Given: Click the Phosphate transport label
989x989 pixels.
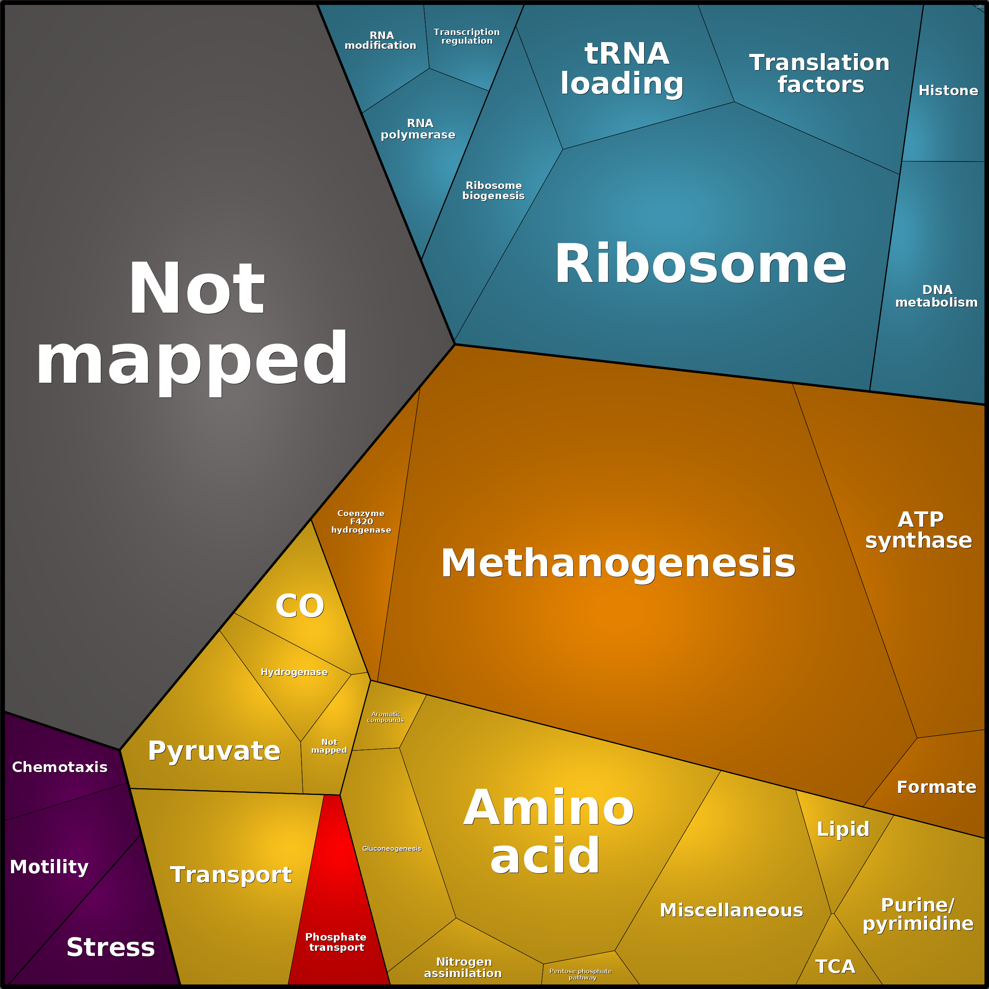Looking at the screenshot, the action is pyautogui.click(x=336, y=942).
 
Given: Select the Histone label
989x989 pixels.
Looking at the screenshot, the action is pyautogui.click(x=948, y=91).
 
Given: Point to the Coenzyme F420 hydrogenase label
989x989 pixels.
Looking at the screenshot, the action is pyautogui.click(x=361, y=522).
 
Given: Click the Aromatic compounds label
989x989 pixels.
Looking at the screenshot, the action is pyautogui.click(x=385, y=717).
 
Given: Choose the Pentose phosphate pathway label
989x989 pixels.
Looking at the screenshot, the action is pyautogui.click(x=580, y=974).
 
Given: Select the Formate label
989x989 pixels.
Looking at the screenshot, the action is pyautogui.click(x=936, y=787).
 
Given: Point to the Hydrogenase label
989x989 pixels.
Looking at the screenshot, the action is pyautogui.click(x=294, y=672).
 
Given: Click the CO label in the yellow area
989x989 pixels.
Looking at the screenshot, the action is pyautogui.click(x=300, y=606).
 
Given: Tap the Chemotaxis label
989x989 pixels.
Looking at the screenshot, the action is pyautogui.click(x=60, y=767).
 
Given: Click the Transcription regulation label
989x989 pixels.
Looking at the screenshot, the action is pyautogui.click(x=467, y=36).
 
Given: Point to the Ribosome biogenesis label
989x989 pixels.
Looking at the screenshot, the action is pyautogui.click(x=493, y=191).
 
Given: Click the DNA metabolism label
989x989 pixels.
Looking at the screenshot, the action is pyautogui.click(x=936, y=296).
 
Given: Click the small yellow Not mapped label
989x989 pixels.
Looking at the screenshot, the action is pyautogui.click(x=329, y=746).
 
